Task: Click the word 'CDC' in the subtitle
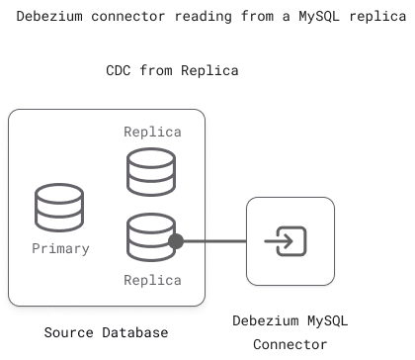point(125,71)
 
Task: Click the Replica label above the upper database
point(152,132)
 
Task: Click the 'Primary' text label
point(60,248)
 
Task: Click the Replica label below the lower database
point(152,280)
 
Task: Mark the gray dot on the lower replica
point(177,240)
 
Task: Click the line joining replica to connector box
point(213,240)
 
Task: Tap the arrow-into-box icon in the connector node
point(289,240)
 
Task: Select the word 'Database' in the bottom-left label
point(134,331)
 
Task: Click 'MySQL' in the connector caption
point(327,321)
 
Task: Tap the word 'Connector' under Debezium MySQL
point(290,344)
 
